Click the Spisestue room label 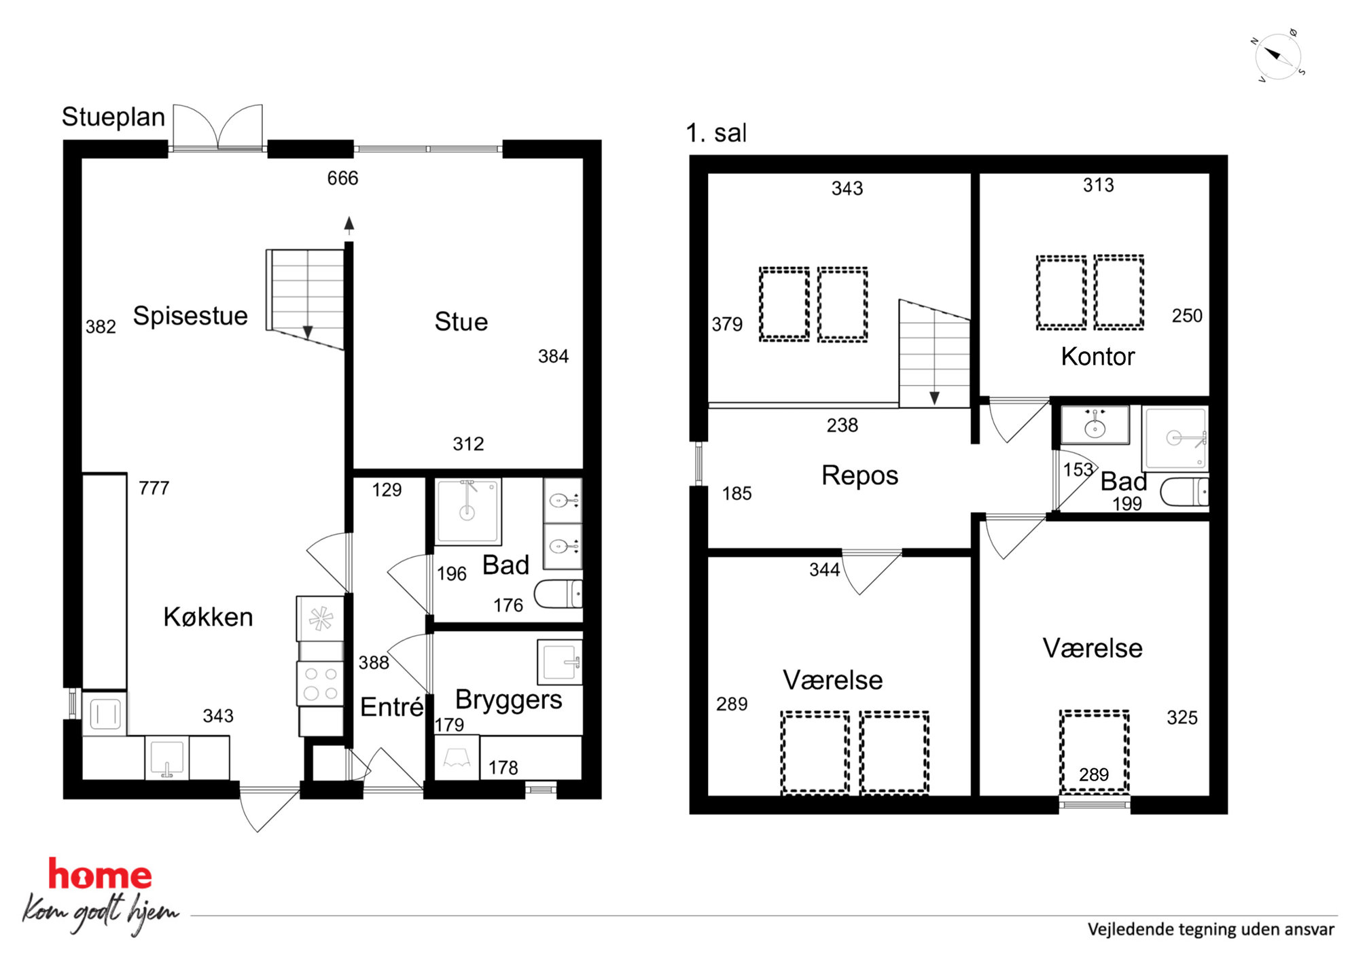point(190,316)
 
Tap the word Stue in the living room point(461,322)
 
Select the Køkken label point(208,617)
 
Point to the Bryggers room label point(509,700)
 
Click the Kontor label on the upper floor point(1098,357)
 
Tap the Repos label point(859,475)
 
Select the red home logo point(100,874)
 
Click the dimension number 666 point(342,178)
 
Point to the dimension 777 point(154,488)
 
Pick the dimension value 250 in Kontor point(1187,315)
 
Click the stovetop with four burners point(320,683)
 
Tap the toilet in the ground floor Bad point(558,594)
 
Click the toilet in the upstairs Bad point(1184,492)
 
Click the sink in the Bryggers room point(560,662)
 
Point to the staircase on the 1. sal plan point(934,353)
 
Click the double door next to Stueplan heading point(217,127)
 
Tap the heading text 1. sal point(716,133)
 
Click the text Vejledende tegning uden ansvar point(1211,929)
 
